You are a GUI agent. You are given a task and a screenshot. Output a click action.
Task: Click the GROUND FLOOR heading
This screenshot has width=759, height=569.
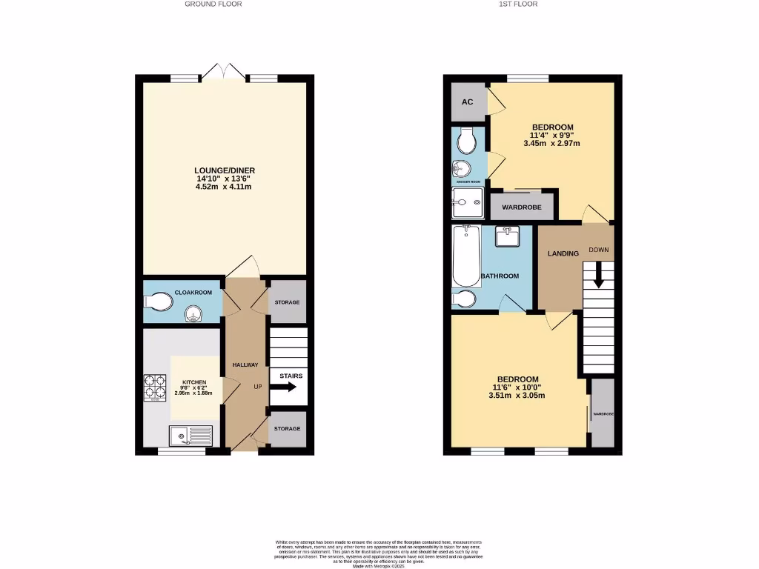tap(213, 4)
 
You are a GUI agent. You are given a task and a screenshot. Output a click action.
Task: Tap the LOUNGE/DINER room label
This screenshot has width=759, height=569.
tap(225, 170)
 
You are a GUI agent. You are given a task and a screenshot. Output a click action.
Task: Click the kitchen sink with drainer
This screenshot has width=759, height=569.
tap(190, 436)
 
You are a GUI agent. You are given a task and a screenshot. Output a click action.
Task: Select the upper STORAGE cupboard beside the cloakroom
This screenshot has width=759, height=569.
tap(287, 302)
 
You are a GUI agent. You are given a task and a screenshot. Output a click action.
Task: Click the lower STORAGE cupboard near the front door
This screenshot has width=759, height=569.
tap(287, 429)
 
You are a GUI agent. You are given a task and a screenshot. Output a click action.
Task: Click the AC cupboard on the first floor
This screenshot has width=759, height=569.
tap(468, 102)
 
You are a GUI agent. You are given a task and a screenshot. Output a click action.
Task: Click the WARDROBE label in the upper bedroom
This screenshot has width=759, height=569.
tap(522, 207)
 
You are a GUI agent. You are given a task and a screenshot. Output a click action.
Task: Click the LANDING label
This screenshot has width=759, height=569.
tap(563, 254)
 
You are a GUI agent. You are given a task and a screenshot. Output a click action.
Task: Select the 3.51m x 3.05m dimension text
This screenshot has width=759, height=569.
tap(517, 396)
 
